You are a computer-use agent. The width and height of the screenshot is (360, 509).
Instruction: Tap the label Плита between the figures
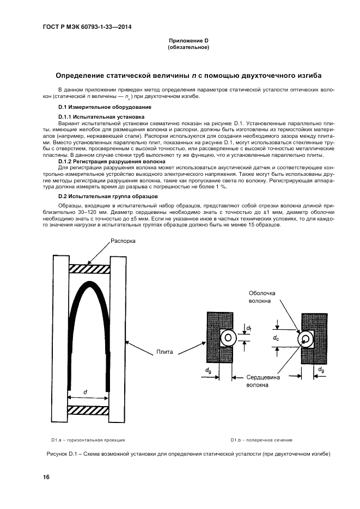[164, 352]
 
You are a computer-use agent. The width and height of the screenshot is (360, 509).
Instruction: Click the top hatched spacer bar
[89, 268]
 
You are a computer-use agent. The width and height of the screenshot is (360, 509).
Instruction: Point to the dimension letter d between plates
[85, 391]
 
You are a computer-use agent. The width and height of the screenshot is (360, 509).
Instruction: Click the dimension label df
[249, 328]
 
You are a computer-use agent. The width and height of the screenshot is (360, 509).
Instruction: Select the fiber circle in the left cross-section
[228, 338]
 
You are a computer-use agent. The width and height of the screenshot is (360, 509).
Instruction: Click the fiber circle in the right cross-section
[306, 339]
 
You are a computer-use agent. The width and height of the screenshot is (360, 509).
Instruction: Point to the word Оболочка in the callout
[262, 293]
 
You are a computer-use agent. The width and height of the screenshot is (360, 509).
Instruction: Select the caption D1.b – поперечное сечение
[261, 439]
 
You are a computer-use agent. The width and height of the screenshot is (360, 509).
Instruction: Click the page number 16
[47, 477]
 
